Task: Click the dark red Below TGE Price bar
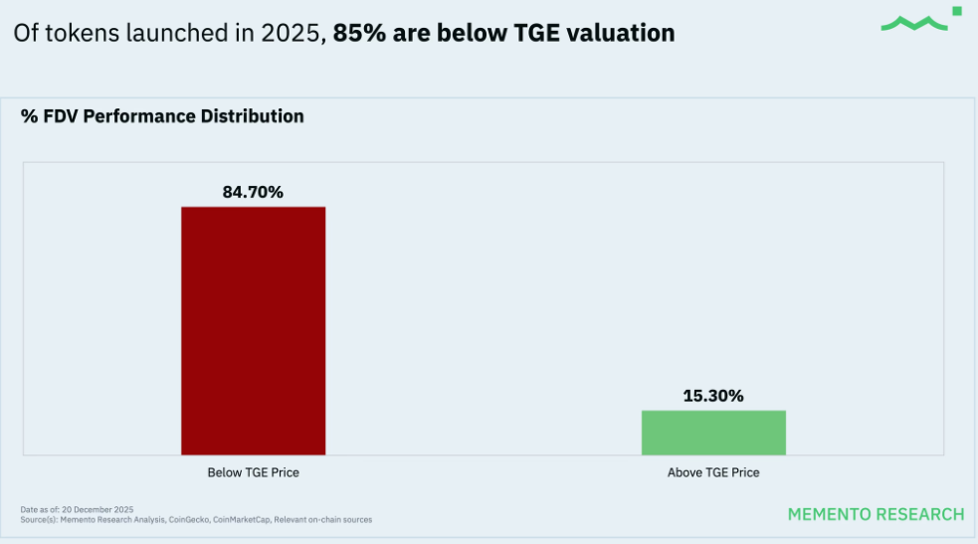click(x=253, y=330)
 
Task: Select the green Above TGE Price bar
click(x=713, y=433)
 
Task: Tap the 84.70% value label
click(x=253, y=192)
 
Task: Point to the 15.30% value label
click(x=713, y=395)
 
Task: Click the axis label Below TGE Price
click(x=253, y=472)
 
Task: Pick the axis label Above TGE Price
click(x=713, y=472)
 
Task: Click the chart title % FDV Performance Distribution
click(x=162, y=116)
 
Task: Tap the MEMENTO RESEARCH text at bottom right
click(x=876, y=514)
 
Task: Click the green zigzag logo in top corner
click(x=912, y=23)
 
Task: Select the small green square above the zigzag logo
click(x=956, y=11)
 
